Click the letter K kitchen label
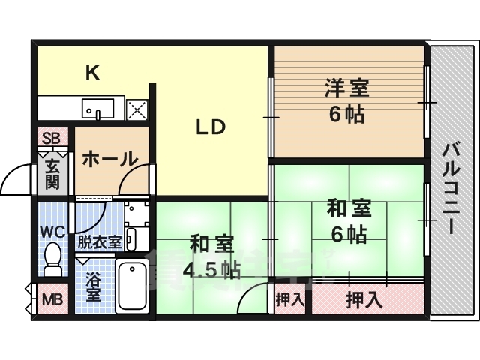click(x=92, y=73)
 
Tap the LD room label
click(x=211, y=127)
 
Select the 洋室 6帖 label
click(x=346, y=101)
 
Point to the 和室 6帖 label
click(x=346, y=221)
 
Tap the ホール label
click(x=109, y=159)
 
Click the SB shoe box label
click(x=51, y=138)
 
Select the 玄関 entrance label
click(x=52, y=174)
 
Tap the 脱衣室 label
click(x=99, y=241)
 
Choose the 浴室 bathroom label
click(x=93, y=286)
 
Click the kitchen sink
click(x=97, y=109)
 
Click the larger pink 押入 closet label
click(x=364, y=300)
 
